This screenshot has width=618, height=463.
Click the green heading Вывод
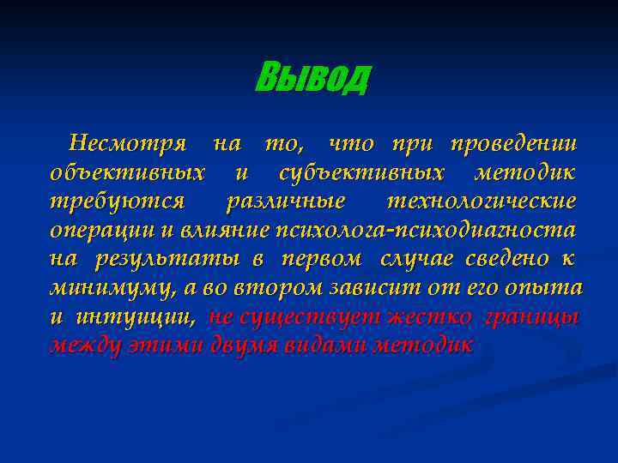coord(312,79)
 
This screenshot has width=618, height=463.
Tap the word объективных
coord(127,172)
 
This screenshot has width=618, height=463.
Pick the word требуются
coord(116,201)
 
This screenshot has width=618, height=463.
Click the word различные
coord(285,201)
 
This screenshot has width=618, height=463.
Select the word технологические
coord(482,201)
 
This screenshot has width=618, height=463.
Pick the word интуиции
coord(129,317)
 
